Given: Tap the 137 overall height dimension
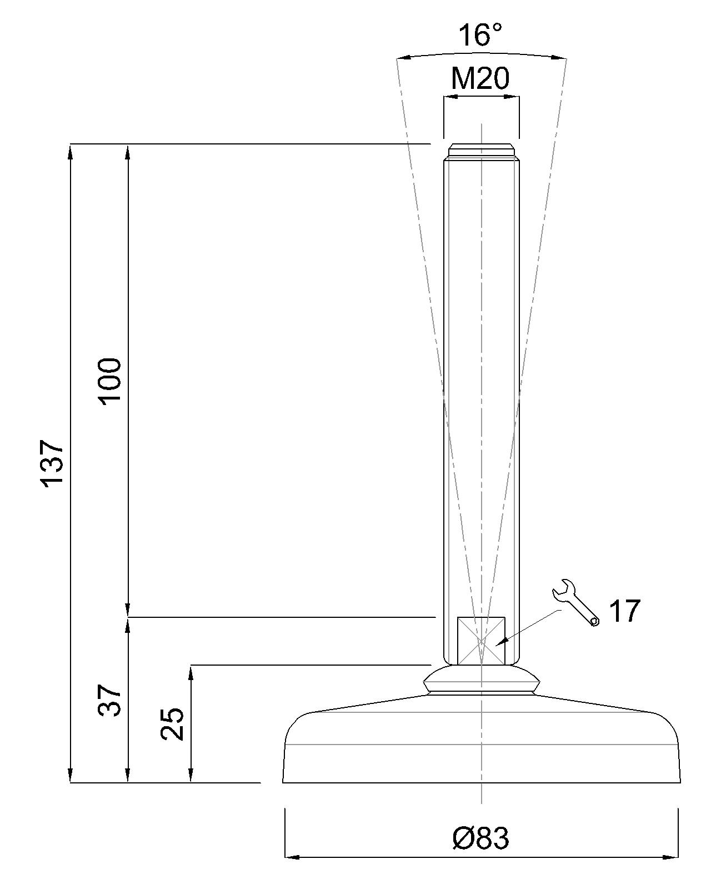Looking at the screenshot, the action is pyautogui.click(x=52, y=463).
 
